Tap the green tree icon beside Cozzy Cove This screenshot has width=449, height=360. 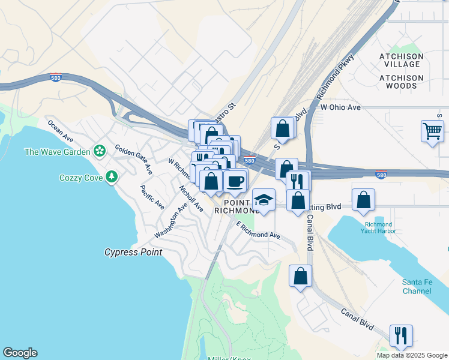tap(111, 177)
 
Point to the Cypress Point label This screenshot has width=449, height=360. tap(133, 253)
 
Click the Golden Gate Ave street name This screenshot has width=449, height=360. tap(134, 160)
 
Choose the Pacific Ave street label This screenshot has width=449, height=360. tap(152, 197)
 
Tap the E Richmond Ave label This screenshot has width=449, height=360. tap(259, 232)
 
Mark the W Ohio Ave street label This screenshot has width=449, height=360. tap(340, 107)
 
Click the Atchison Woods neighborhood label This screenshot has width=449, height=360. tap(402, 82)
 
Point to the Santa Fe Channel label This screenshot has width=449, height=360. tap(417, 287)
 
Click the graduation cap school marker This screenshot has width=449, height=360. tap(263, 199)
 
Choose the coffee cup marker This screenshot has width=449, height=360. tap(235, 180)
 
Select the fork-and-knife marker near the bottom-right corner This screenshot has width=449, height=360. tap(401, 335)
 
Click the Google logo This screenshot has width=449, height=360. tap(20, 353)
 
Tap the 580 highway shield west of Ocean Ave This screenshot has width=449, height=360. tap(55, 78)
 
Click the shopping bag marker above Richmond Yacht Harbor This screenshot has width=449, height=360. tap(363, 200)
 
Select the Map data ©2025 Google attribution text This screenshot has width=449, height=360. tap(412, 355)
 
